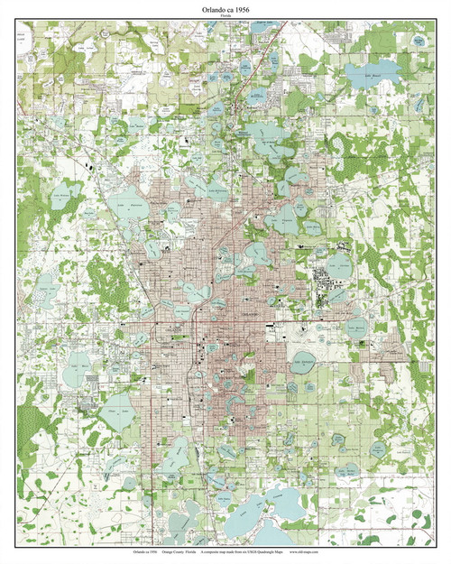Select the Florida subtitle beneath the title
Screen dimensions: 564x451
pyautogui.click(x=225, y=17)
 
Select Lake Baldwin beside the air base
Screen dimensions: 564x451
pyautogui.click(x=338, y=264)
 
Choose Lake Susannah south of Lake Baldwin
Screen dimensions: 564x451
pyautogui.click(x=334, y=294)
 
